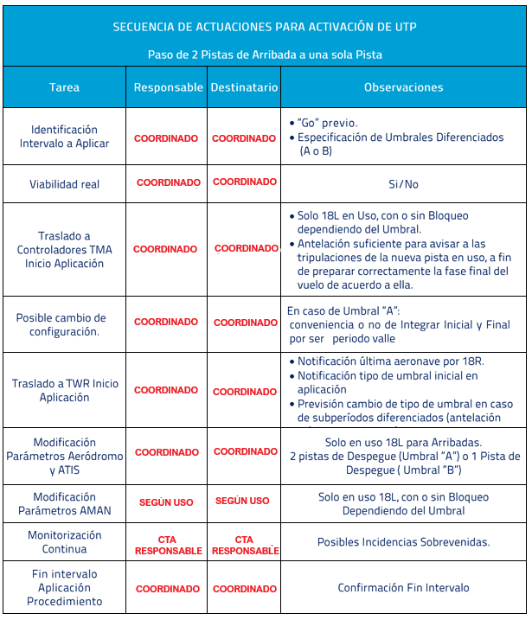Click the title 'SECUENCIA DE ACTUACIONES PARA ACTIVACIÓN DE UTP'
pyautogui.click(x=265, y=27)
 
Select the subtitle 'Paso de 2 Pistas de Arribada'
pyautogui.click(x=265, y=54)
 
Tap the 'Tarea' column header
pyautogui.click(x=64, y=87)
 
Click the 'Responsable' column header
pyautogui.click(x=167, y=87)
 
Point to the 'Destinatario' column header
pyautogui.click(x=244, y=87)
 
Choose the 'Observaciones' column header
pyautogui.click(x=403, y=87)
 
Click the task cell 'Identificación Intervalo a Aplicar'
pyautogui.click(x=64, y=137)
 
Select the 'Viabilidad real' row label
pyautogui.click(x=64, y=184)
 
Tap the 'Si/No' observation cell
pyautogui.click(x=403, y=184)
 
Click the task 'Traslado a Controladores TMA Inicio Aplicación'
pyautogui.click(x=64, y=249)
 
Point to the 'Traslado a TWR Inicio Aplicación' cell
pyautogui.click(x=65, y=390)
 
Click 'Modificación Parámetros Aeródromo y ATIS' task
pyautogui.click(x=65, y=456)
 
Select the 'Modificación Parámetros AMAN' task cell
pyautogui.click(x=65, y=503)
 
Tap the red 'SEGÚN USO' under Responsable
pyautogui.click(x=166, y=502)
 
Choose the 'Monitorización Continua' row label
pyautogui.click(x=65, y=542)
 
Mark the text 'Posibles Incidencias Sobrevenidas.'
pyautogui.click(x=403, y=542)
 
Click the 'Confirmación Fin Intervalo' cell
pyautogui.click(x=403, y=588)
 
